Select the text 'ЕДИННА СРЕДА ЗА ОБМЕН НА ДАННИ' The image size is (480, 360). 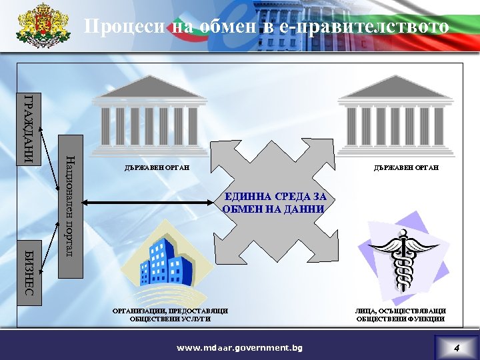(275, 203)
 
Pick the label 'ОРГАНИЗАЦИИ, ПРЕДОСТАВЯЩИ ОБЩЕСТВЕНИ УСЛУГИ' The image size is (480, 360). (171, 315)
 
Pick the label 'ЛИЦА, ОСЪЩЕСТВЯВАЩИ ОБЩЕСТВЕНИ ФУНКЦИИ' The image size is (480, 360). (401, 315)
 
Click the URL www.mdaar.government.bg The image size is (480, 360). (239, 348)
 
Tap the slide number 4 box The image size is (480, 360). (456, 348)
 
